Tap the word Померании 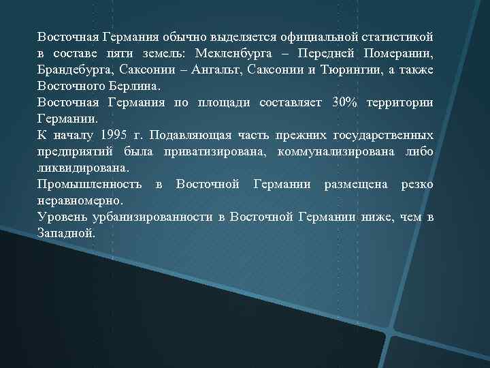point(397,53)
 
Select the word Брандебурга point(76,70)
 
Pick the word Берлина point(133,86)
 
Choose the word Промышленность point(90,184)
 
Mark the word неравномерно point(80,200)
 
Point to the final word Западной point(66,233)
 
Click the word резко point(417,184)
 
